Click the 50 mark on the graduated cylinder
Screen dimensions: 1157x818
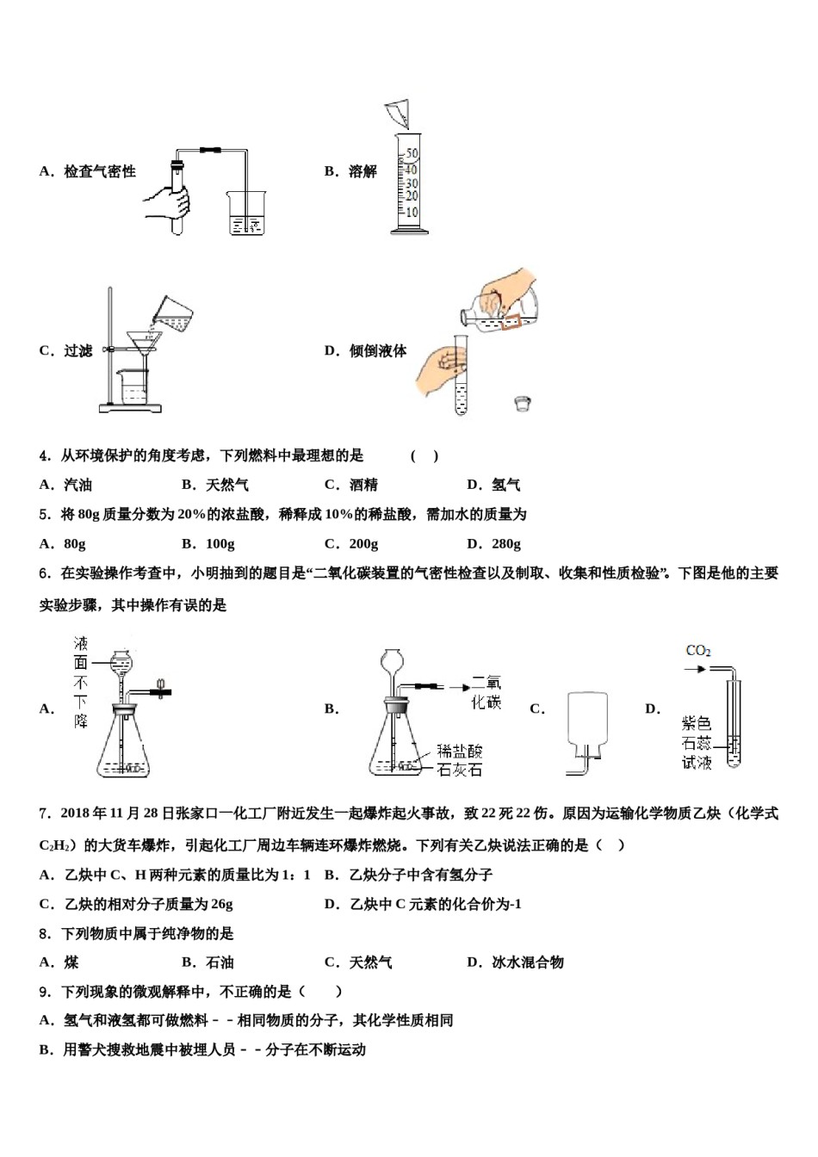coord(412,154)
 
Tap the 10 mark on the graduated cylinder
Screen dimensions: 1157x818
coord(412,212)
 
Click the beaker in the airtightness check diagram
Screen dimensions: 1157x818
coord(246,213)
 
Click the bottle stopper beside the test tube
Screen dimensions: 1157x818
coord(521,402)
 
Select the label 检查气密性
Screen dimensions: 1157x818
coord(99,171)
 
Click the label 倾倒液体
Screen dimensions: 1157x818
coord(377,350)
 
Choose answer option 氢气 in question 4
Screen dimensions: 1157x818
coord(505,485)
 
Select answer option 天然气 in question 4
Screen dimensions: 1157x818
coord(226,485)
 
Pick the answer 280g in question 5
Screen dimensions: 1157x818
coord(505,543)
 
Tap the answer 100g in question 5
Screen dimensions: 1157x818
coord(220,543)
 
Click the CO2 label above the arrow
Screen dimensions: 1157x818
coord(697,651)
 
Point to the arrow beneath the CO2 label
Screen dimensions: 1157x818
coord(696,668)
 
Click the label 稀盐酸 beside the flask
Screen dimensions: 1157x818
coord(459,752)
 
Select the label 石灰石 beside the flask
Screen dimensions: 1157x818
coord(459,770)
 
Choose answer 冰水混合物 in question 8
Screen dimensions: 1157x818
coord(527,962)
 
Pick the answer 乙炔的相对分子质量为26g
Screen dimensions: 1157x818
coord(148,904)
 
